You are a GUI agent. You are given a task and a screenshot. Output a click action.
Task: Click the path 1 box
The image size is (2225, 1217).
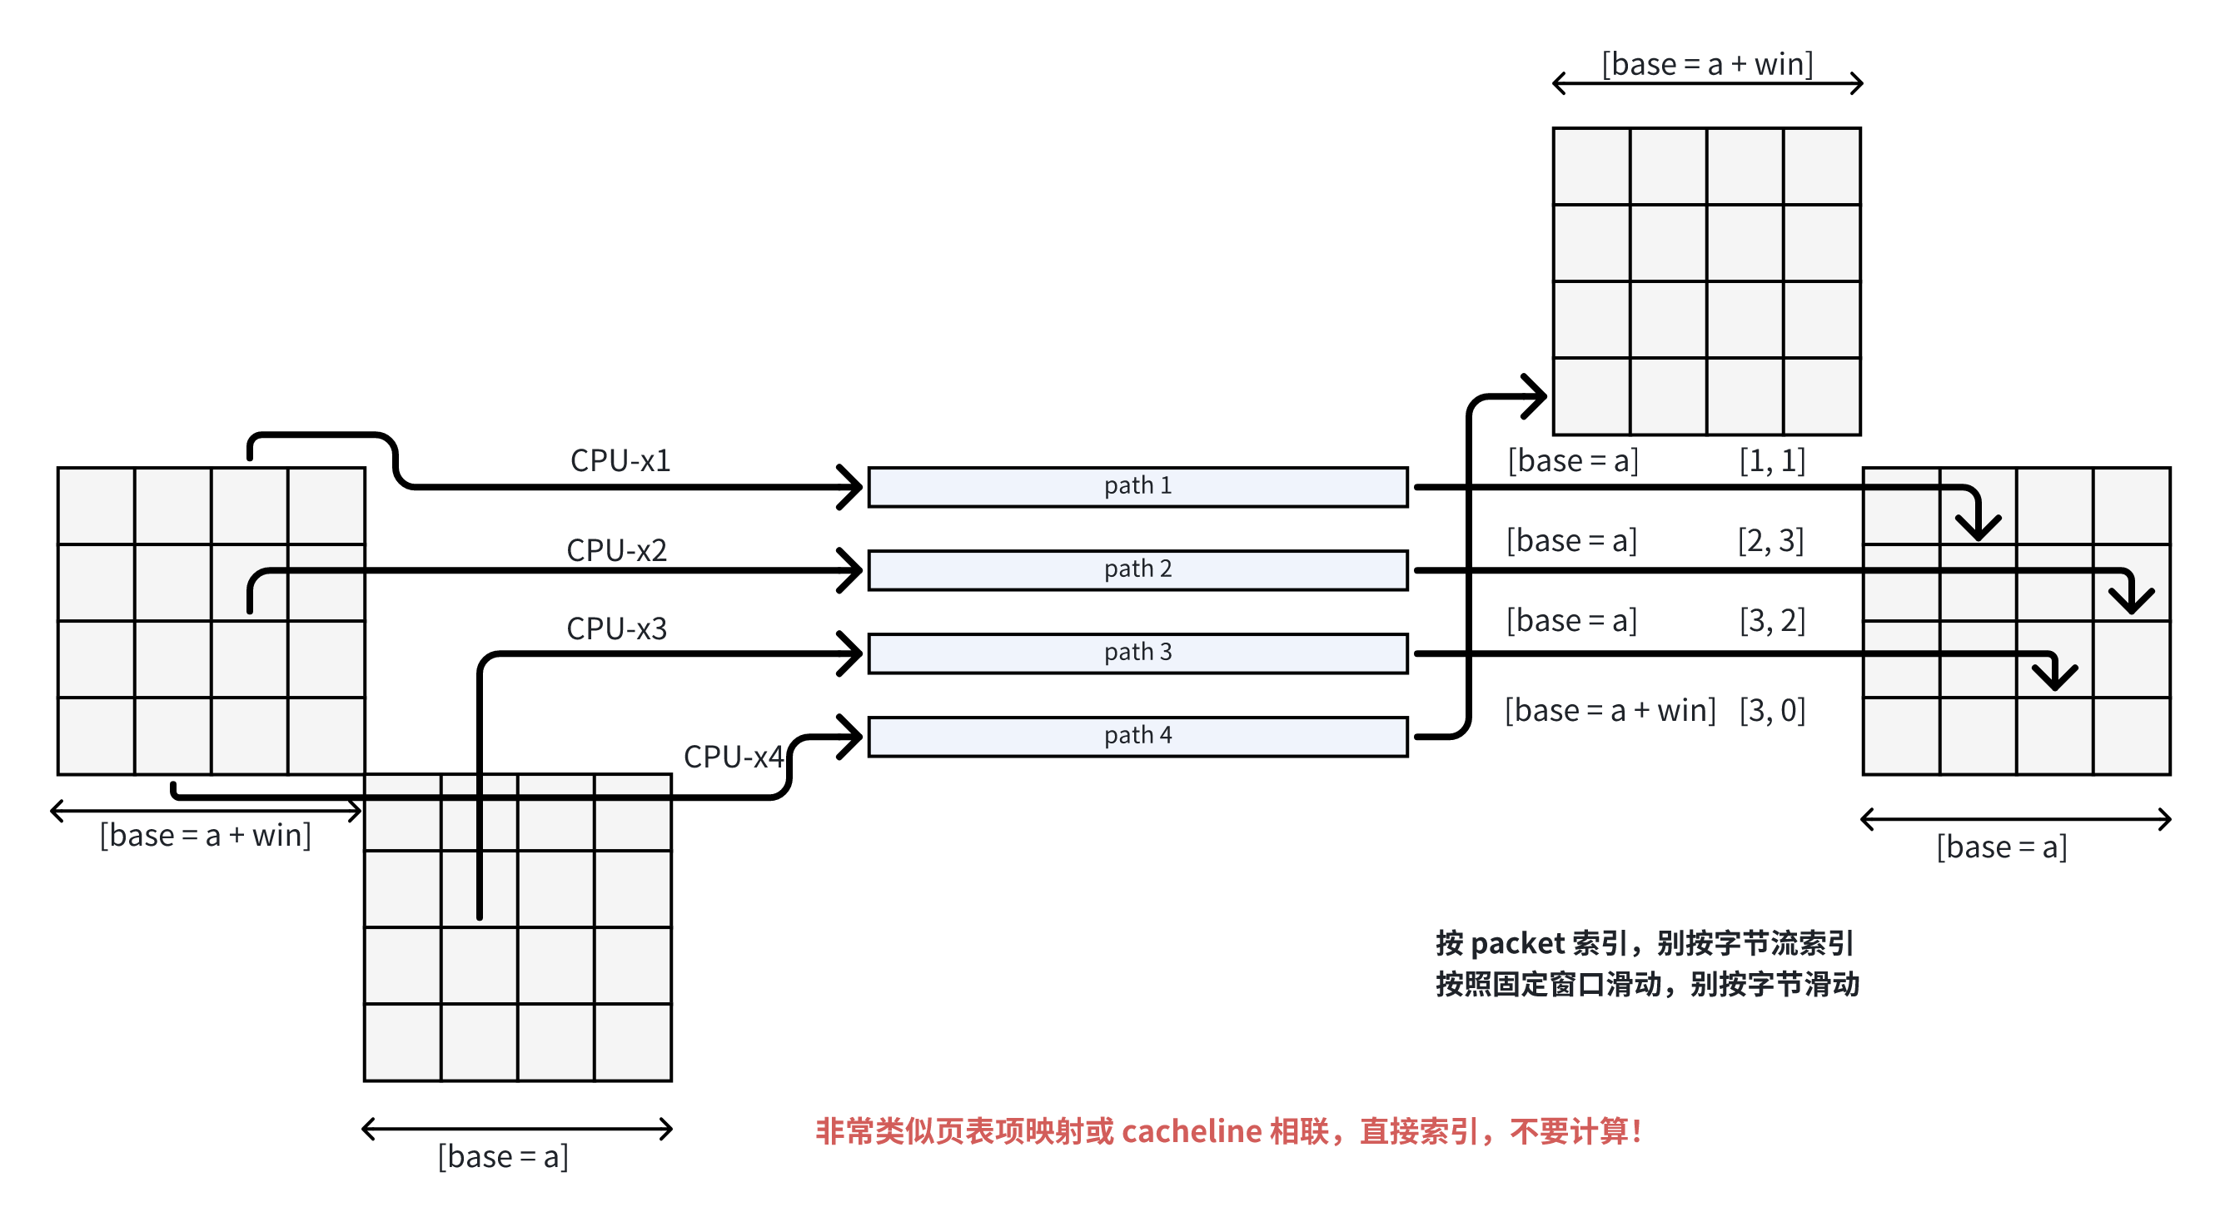coord(1137,486)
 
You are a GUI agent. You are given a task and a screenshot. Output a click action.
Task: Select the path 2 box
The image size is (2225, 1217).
coord(1137,569)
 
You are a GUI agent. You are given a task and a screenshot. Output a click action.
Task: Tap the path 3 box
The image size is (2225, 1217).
coord(1137,652)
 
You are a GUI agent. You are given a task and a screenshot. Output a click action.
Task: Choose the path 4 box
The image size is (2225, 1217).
coord(1137,736)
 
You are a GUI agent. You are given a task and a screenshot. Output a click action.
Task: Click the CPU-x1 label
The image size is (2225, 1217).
coord(620,460)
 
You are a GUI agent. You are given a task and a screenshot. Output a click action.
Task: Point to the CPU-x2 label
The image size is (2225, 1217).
coord(616,550)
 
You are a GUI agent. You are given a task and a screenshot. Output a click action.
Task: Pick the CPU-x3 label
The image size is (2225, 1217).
coord(616,628)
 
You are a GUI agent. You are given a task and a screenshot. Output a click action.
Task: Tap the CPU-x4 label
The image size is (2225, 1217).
coord(733,757)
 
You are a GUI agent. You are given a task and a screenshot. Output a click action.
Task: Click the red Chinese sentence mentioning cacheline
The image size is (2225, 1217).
coord(1227,1130)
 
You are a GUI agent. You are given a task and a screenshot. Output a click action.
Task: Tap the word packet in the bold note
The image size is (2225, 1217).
coord(1517,943)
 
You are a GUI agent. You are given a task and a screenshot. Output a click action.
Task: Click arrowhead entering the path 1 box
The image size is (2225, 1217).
coord(852,486)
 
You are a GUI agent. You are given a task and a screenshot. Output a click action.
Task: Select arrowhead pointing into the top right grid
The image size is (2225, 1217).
coord(1536,396)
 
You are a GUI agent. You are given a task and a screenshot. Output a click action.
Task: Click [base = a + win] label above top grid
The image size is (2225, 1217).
coord(1707,64)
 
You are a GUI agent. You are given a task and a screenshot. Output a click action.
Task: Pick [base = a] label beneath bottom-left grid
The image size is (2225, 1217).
coord(503,1155)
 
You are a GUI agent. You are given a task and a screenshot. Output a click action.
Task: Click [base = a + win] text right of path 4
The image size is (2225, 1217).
coord(1609,710)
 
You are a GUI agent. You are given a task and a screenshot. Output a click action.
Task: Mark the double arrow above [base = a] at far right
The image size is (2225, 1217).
coord(2015,819)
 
